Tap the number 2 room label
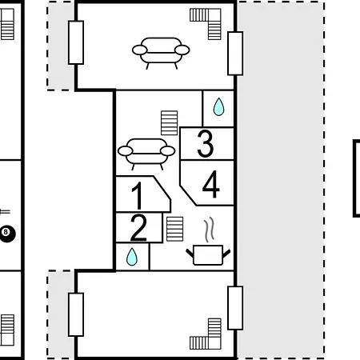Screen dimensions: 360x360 (138, 228)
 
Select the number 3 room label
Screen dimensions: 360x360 (206, 144)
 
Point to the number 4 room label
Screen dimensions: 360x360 (211, 184)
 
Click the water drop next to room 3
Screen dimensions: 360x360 (218, 106)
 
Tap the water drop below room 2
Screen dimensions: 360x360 (132, 257)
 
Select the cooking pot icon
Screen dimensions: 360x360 (208, 255)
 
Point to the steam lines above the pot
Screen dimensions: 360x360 (209, 229)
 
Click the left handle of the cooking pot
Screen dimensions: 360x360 (190, 254)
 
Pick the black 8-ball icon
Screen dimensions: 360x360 (6, 234)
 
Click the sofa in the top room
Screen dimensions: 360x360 (161, 53)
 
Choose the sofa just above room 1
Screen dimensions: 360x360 (146, 154)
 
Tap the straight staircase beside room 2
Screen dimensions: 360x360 (175, 229)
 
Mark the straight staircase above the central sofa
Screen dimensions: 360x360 (170, 123)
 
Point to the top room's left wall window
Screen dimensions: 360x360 (76, 42)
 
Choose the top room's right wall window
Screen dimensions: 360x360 (235, 54)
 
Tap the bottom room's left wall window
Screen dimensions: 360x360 (76, 314)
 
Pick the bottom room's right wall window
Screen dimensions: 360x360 (235, 308)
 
